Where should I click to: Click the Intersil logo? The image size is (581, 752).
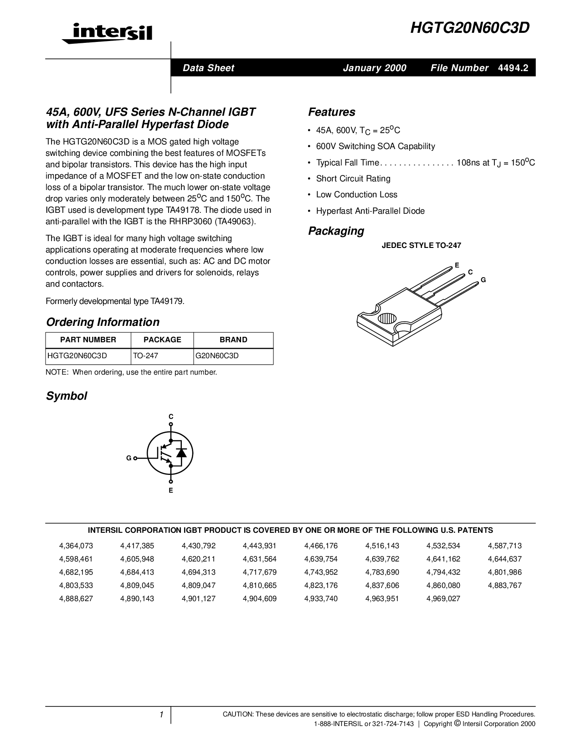pos(107,33)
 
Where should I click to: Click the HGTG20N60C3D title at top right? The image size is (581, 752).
pos(470,28)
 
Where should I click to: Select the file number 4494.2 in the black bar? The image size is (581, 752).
pos(513,68)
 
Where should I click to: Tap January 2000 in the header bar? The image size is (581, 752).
pos(374,68)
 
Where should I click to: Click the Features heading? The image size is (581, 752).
pos(331,112)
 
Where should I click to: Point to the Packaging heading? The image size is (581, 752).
pos(336,231)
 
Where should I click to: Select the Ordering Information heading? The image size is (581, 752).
pos(103,322)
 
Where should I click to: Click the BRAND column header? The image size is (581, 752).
pos(233,340)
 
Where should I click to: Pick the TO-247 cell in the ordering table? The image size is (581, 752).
pos(145,356)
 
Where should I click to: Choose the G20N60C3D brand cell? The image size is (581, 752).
pos(217,356)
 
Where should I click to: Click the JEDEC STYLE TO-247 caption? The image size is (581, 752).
pos(421,246)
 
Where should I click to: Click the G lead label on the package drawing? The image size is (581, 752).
pos(483,280)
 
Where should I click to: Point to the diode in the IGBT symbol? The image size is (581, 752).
pos(181,453)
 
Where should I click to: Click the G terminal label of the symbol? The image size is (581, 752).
pos(129,458)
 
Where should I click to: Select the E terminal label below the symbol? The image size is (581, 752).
pos(171,490)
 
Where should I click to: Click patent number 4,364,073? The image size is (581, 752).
pos(76,546)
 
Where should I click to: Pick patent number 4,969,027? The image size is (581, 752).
pos(443,599)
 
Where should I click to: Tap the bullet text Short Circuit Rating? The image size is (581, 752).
pos(353,179)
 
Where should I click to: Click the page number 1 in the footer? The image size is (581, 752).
pos(161,715)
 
